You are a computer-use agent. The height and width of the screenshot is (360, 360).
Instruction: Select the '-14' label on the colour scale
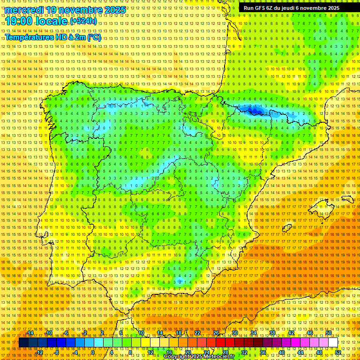tap(30, 333)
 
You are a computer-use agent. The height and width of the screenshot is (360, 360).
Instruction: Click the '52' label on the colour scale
tap(338, 352)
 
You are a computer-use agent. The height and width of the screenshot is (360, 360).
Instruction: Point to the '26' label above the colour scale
tap(216, 333)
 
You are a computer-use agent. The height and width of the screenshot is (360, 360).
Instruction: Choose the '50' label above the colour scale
tap(329, 333)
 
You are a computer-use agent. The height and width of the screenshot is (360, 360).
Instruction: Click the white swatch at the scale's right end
tap(333, 343)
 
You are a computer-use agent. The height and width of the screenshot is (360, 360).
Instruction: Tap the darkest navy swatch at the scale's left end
tap(23, 343)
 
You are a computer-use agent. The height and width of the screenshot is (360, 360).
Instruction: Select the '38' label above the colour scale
tap(272, 333)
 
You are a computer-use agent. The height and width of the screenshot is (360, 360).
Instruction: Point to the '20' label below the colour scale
tap(187, 352)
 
